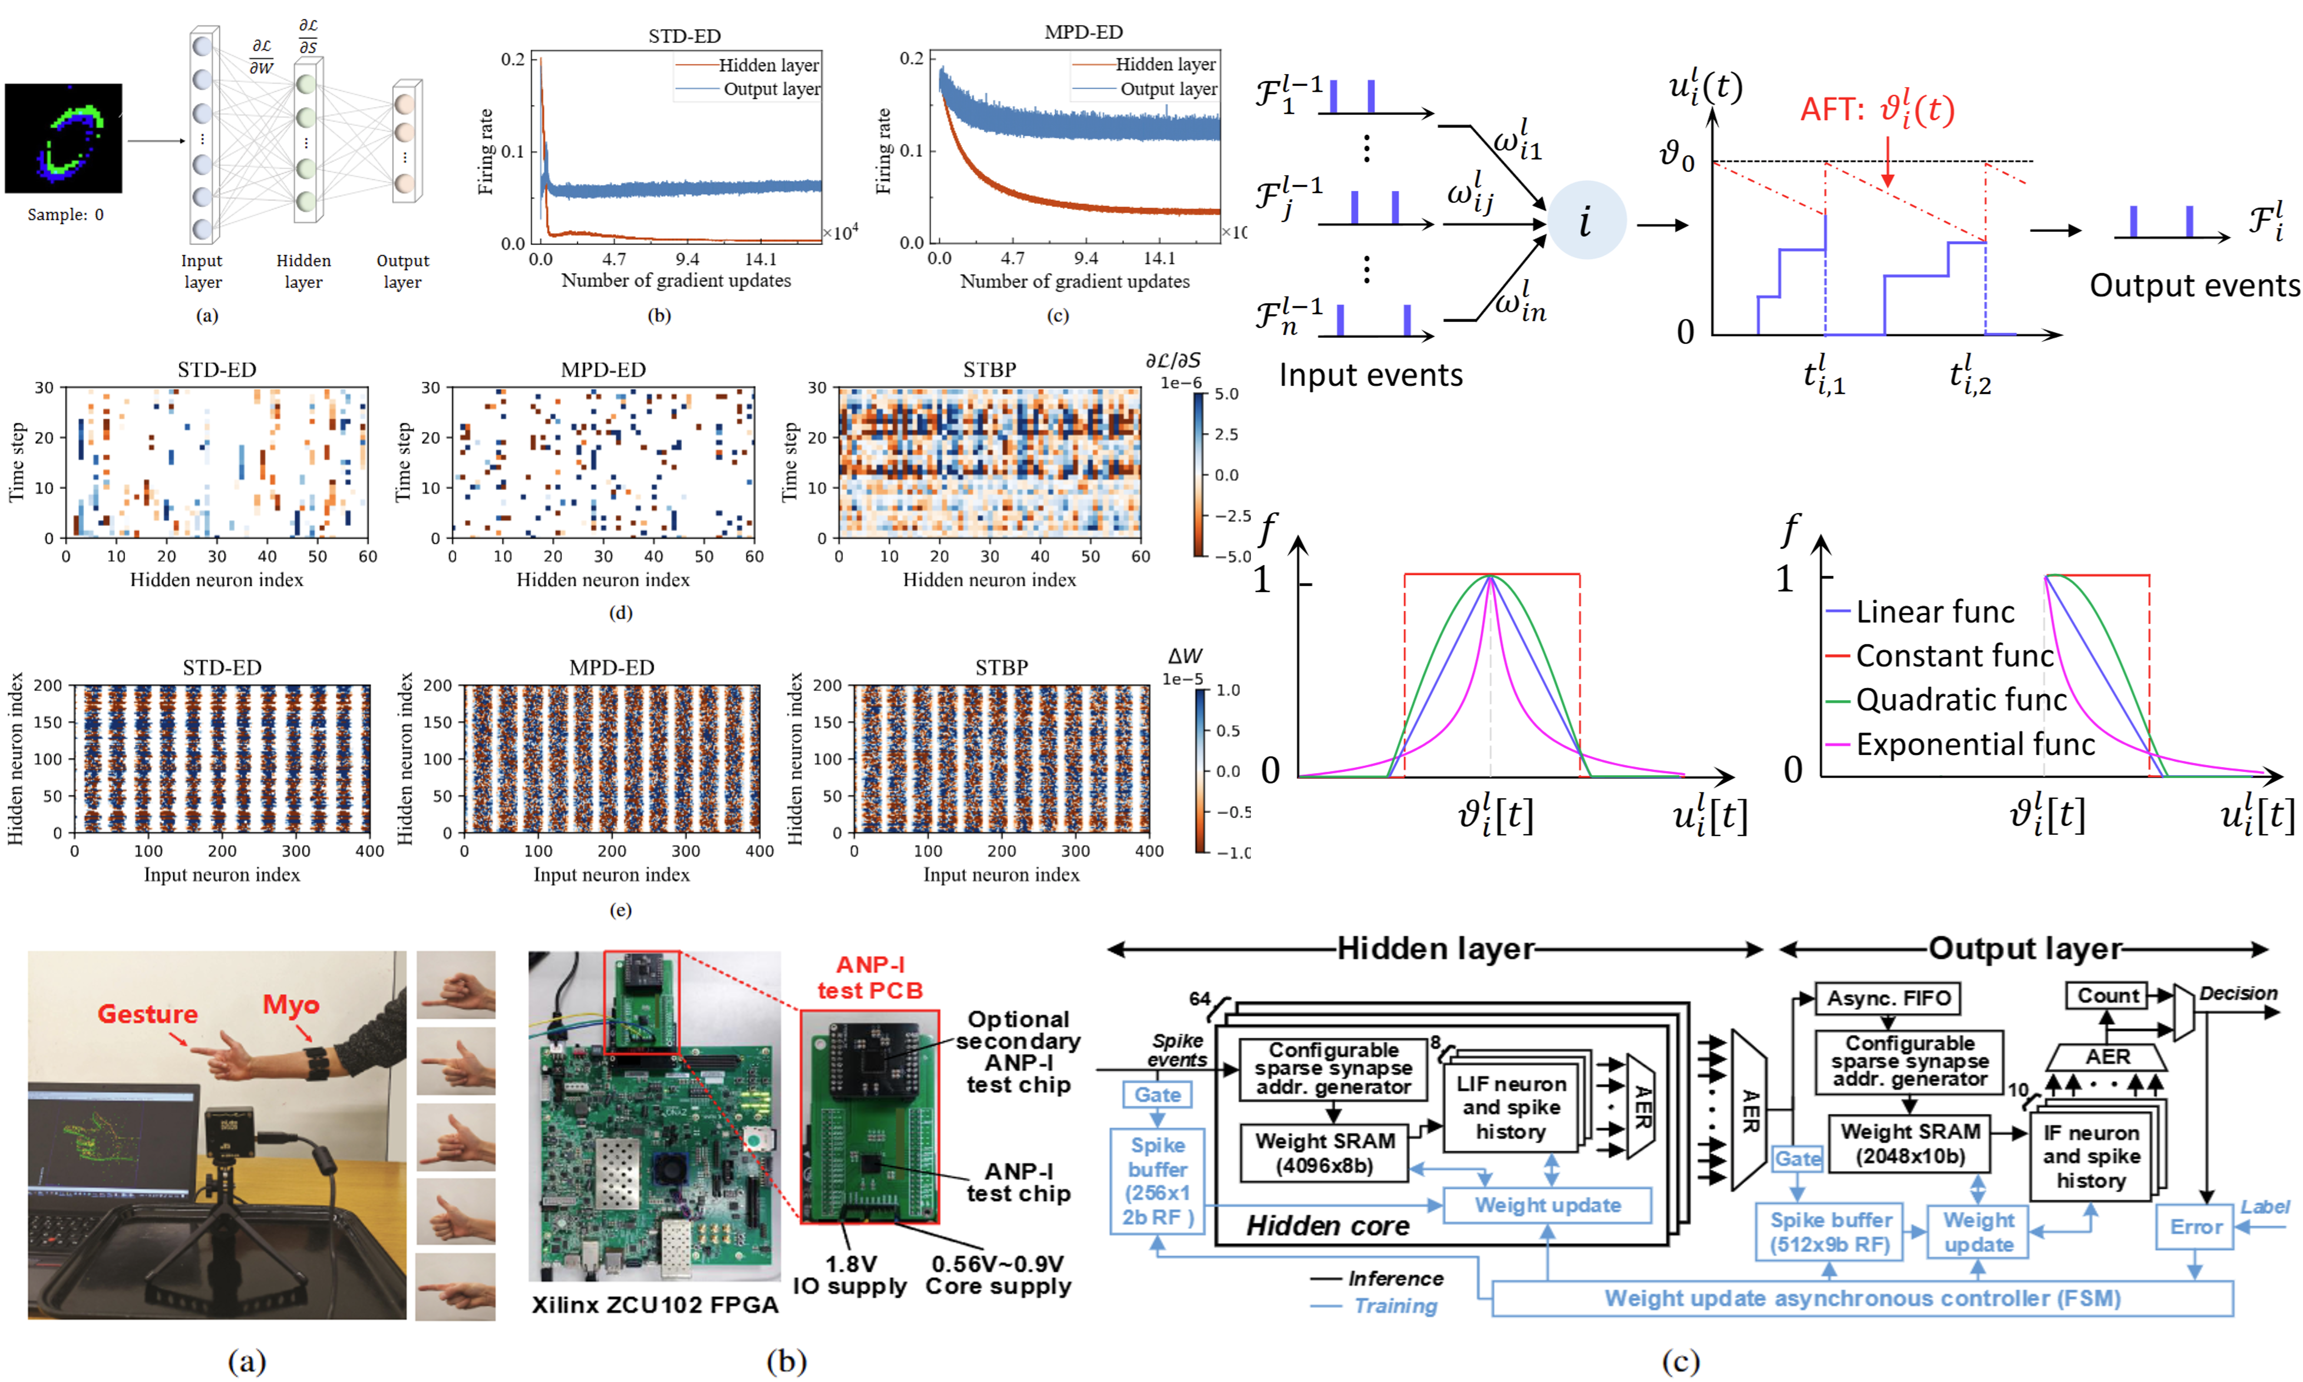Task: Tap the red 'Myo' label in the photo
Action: pos(291,1005)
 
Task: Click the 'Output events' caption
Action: pos(2194,285)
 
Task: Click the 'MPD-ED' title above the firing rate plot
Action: pos(1084,32)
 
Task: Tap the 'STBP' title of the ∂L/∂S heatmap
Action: pos(989,370)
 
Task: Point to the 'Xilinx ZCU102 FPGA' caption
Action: pos(655,1305)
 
